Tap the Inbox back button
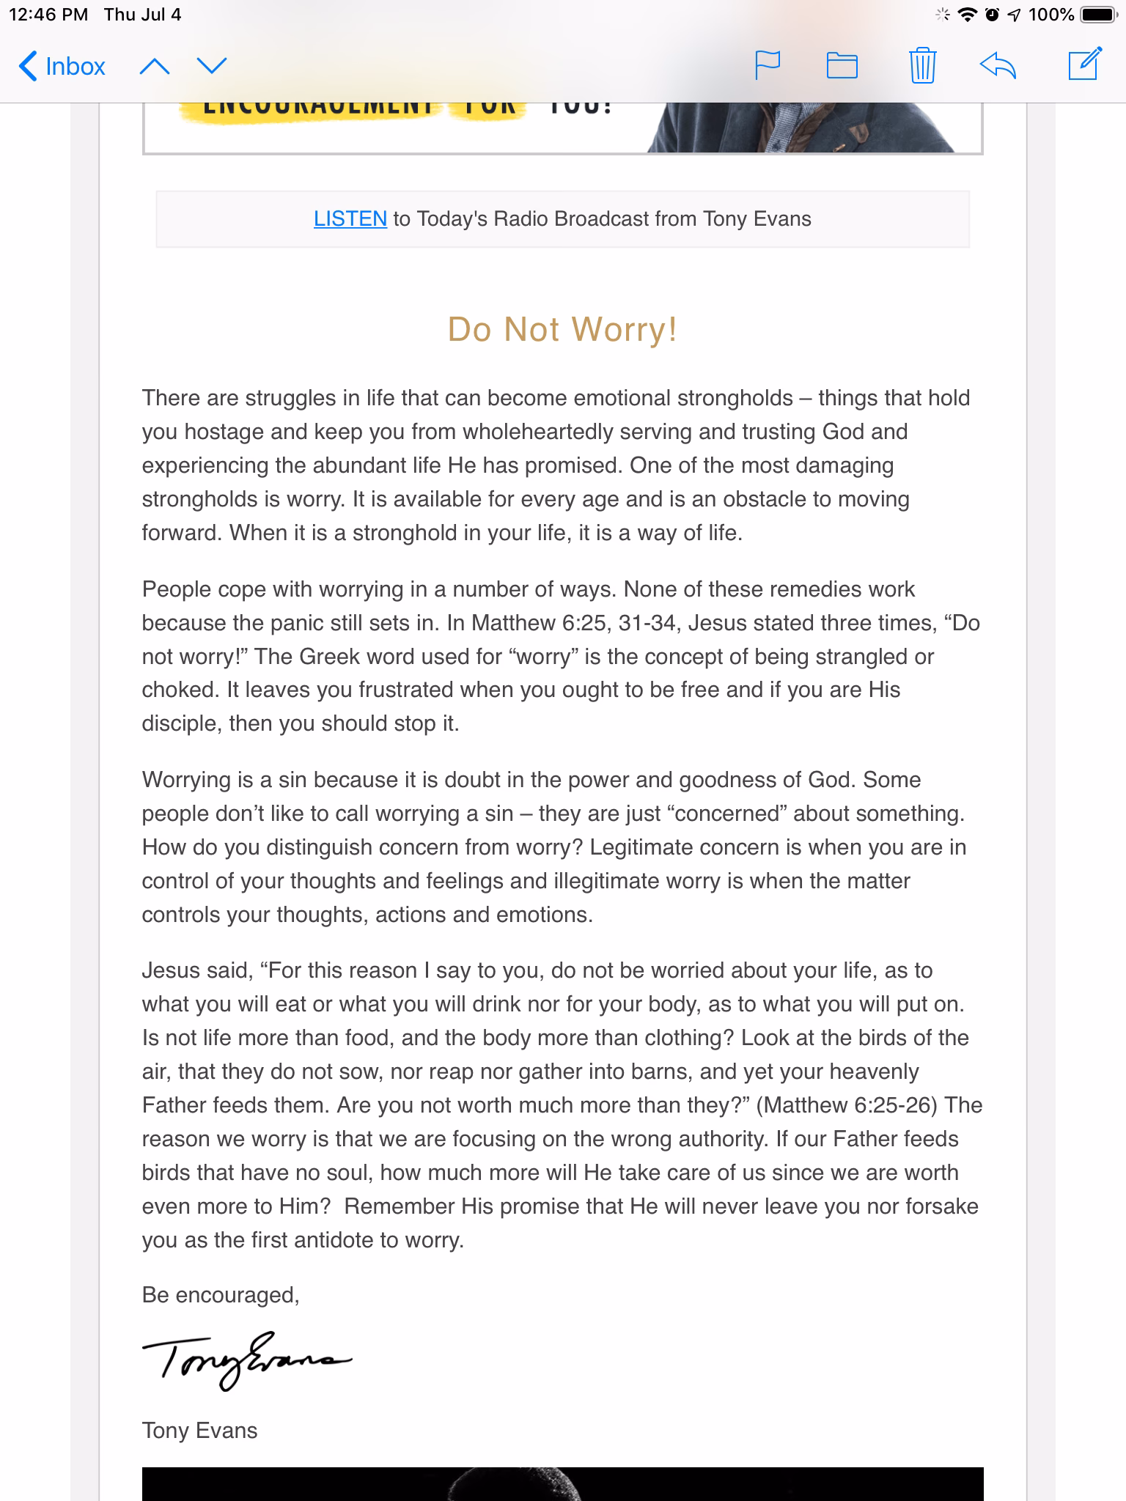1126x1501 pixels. (x=62, y=67)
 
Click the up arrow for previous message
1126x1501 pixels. (x=154, y=67)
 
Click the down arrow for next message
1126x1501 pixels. (x=212, y=67)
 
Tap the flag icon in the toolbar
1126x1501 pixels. (x=768, y=65)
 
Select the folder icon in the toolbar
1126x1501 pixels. (x=842, y=65)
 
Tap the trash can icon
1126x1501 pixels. (x=922, y=65)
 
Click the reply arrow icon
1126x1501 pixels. (x=998, y=65)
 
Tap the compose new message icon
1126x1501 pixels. (x=1084, y=64)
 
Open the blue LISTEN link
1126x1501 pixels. (x=350, y=218)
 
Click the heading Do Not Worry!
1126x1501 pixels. (x=562, y=329)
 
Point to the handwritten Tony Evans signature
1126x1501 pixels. (x=246, y=1360)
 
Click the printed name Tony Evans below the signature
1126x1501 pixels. (x=199, y=1430)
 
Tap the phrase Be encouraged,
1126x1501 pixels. (x=221, y=1295)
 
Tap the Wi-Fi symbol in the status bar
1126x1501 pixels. (x=968, y=15)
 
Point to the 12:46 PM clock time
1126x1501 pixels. (x=48, y=15)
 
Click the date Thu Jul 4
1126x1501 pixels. (x=142, y=15)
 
